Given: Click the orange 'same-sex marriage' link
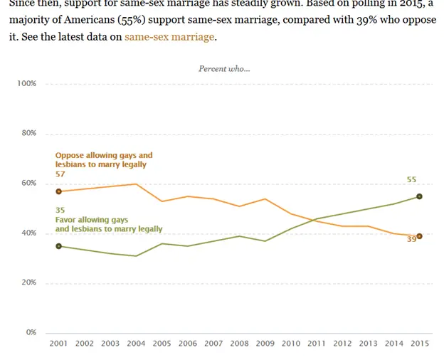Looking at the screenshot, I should [169, 36].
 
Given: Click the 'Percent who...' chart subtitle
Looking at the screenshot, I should [224, 68].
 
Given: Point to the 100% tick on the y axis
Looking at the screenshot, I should [26, 83].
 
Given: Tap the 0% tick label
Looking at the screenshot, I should [31, 332].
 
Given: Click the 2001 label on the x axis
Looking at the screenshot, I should [58, 344].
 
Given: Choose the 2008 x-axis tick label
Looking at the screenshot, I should [239, 344].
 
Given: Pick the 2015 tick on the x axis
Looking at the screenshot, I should [420, 344].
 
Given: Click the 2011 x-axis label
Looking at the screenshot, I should [317, 344].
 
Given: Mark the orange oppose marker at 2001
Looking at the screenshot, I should [58, 191].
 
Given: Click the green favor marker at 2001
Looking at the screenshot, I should [58, 246].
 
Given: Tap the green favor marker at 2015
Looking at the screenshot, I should [420, 196].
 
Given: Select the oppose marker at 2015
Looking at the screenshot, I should [420, 236].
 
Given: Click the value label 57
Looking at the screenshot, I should [60, 174].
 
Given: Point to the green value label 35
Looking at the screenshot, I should [60, 210].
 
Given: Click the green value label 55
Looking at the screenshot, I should [412, 179].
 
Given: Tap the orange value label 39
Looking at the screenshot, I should [411, 240].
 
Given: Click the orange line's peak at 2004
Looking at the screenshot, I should [136, 184].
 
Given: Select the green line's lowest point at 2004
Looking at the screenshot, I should [136, 256].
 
